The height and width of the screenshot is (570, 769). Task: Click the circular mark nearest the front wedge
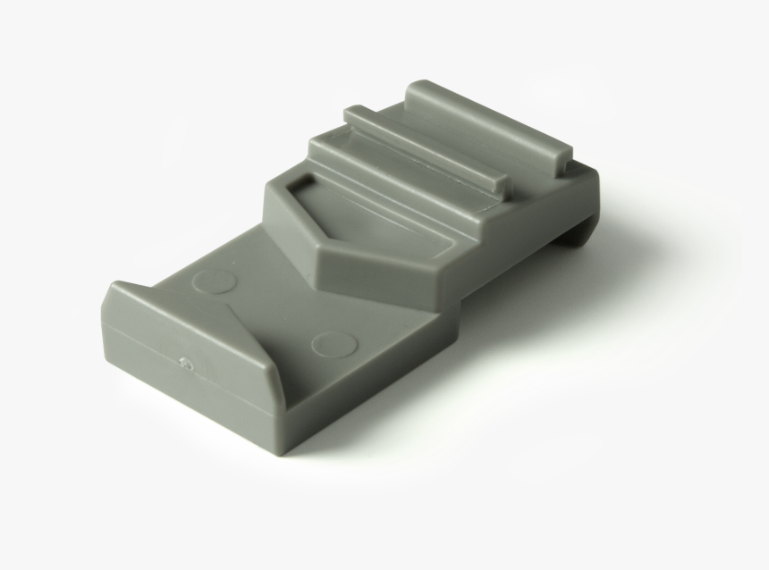click(x=334, y=345)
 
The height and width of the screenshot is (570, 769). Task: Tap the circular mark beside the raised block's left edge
click(x=215, y=281)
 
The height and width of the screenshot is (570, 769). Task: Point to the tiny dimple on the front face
click(x=185, y=363)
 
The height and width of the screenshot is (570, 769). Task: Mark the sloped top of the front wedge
click(x=179, y=313)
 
